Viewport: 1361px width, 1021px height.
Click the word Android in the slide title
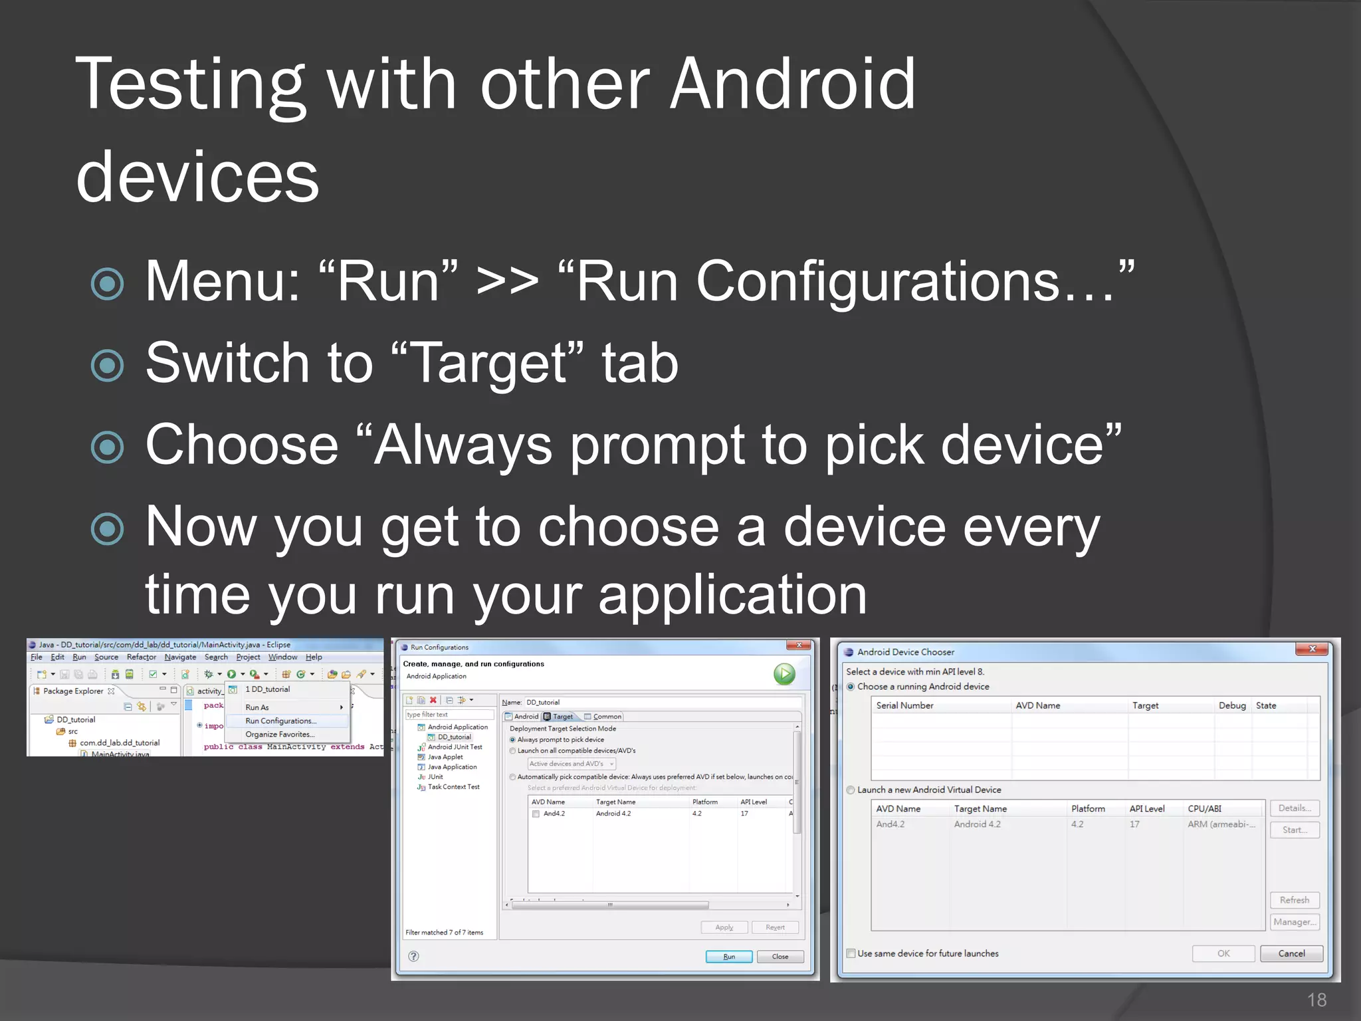tap(792, 85)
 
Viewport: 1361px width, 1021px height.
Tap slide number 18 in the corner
tap(1316, 1000)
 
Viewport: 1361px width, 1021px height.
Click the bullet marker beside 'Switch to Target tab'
tap(107, 365)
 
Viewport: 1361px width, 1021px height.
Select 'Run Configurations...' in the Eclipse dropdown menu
tap(280, 721)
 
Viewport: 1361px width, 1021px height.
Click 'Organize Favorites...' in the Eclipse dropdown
tap(280, 735)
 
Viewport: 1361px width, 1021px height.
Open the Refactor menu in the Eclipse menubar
tap(141, 657)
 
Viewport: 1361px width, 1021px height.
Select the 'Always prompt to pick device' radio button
tap(512, 740)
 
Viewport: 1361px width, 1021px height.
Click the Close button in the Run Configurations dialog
tap(780, 957)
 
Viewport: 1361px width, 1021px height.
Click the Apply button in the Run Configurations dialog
tap(724, 927)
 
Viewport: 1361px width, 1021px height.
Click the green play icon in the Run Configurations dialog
tap(784, 674)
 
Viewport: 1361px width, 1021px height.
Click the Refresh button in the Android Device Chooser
tap(1294, 900)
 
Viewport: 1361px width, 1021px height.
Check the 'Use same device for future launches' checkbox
tap(851, 953)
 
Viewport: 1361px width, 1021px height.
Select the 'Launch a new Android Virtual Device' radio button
tap(851, 790)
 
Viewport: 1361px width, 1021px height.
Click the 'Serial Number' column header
tap(904, 705)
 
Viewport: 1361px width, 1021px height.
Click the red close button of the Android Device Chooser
tap(1312, 649)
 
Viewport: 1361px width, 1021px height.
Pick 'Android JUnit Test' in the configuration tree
tap(455, 747)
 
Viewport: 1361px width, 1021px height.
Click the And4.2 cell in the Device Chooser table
tap(890, 824)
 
